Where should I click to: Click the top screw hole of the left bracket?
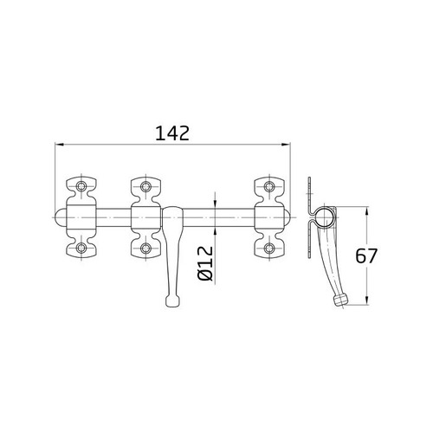(81, 185)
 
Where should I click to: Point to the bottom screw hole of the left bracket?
(81, 249)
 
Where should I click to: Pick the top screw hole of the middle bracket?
(145, 185)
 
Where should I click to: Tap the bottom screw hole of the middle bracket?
(145, 249)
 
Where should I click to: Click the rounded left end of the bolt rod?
(58, 217)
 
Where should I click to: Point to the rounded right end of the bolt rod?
(291, 217)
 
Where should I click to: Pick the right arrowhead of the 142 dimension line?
(290, 145)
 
